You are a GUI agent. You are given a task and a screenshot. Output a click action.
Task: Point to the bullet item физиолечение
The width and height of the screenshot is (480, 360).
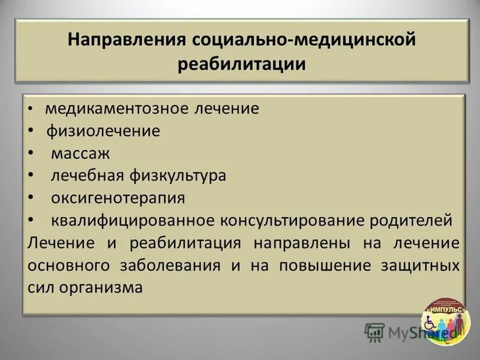click(x=104, y=131)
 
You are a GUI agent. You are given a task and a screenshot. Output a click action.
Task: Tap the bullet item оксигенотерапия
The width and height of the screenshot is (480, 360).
click(x=118, y=197)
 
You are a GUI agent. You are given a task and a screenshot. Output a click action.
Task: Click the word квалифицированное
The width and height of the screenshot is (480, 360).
click(x=132, y=220)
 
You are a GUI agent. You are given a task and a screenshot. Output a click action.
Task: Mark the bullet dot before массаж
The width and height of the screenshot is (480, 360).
click(x=31, y=154)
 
